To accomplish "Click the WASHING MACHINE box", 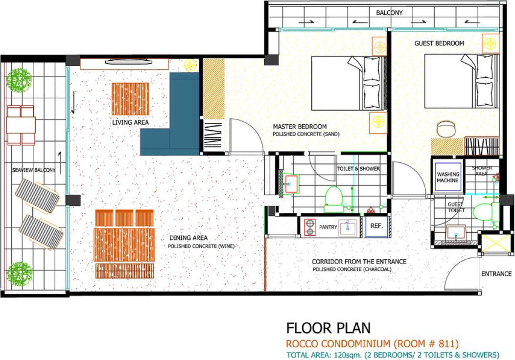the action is tap(447, 177).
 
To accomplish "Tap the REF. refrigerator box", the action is tap(376, 226).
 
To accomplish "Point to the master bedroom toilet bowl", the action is tap(334, 199).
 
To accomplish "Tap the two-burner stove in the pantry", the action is tap(310, 227).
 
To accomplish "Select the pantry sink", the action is tap(348, 227).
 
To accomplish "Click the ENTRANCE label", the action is tap(496, 274).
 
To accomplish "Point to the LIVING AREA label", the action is tap(130, 122).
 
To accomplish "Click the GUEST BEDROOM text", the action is tap(439, 44).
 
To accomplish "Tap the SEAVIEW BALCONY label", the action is tap(34, 170).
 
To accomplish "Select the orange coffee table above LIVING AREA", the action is tap(130, 99).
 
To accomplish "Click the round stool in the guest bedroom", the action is tap(446, 129).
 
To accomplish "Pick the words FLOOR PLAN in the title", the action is tap(328, 328).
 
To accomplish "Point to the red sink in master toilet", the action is tap(291, 184).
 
